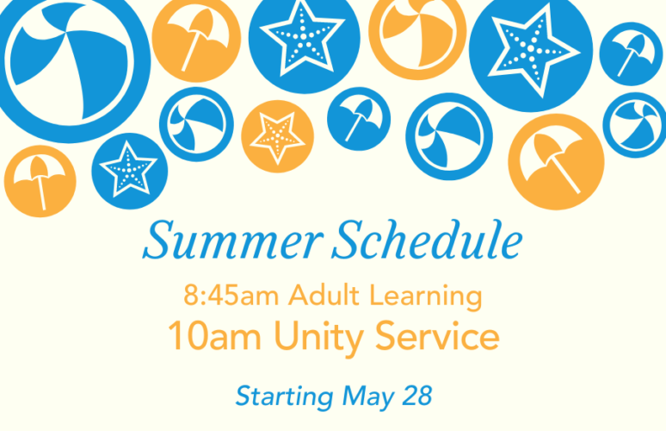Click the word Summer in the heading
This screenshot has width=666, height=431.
[x=233, y=240]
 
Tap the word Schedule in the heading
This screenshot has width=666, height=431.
[x=428, y=240]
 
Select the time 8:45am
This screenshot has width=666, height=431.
[x=231, y=296]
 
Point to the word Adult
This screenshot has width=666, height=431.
[x=324, y=295]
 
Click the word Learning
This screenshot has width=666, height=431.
[x=426, y=297]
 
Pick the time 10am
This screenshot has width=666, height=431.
[x=214, y=336]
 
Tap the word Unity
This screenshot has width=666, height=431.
[x=319, y=338]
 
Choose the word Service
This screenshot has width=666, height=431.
[x=437, y=335]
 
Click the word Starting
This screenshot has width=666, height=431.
[x=285, y=397]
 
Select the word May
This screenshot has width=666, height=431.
[x=368, y=397]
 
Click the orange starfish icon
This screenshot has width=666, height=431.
[x=278, y=136]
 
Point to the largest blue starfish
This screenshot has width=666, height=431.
[x=531, y=50]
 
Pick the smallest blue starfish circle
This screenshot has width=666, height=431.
[x=130, y=171]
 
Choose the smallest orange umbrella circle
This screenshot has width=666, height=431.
[x=40, y=181]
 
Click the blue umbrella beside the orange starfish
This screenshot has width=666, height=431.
[x=359, y=119]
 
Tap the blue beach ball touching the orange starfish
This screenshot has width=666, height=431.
[x=196, y=124]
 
